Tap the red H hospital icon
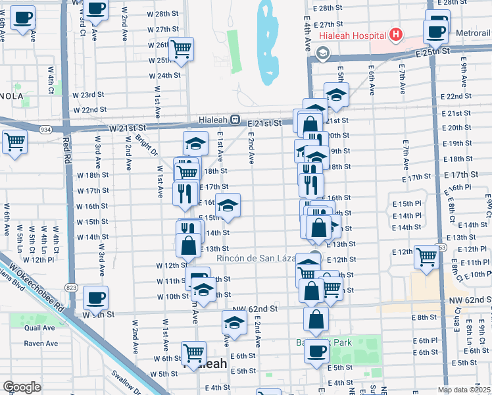pos(396,34)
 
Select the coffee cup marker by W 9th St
pos(97,296)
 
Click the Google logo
pos(22,387)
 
